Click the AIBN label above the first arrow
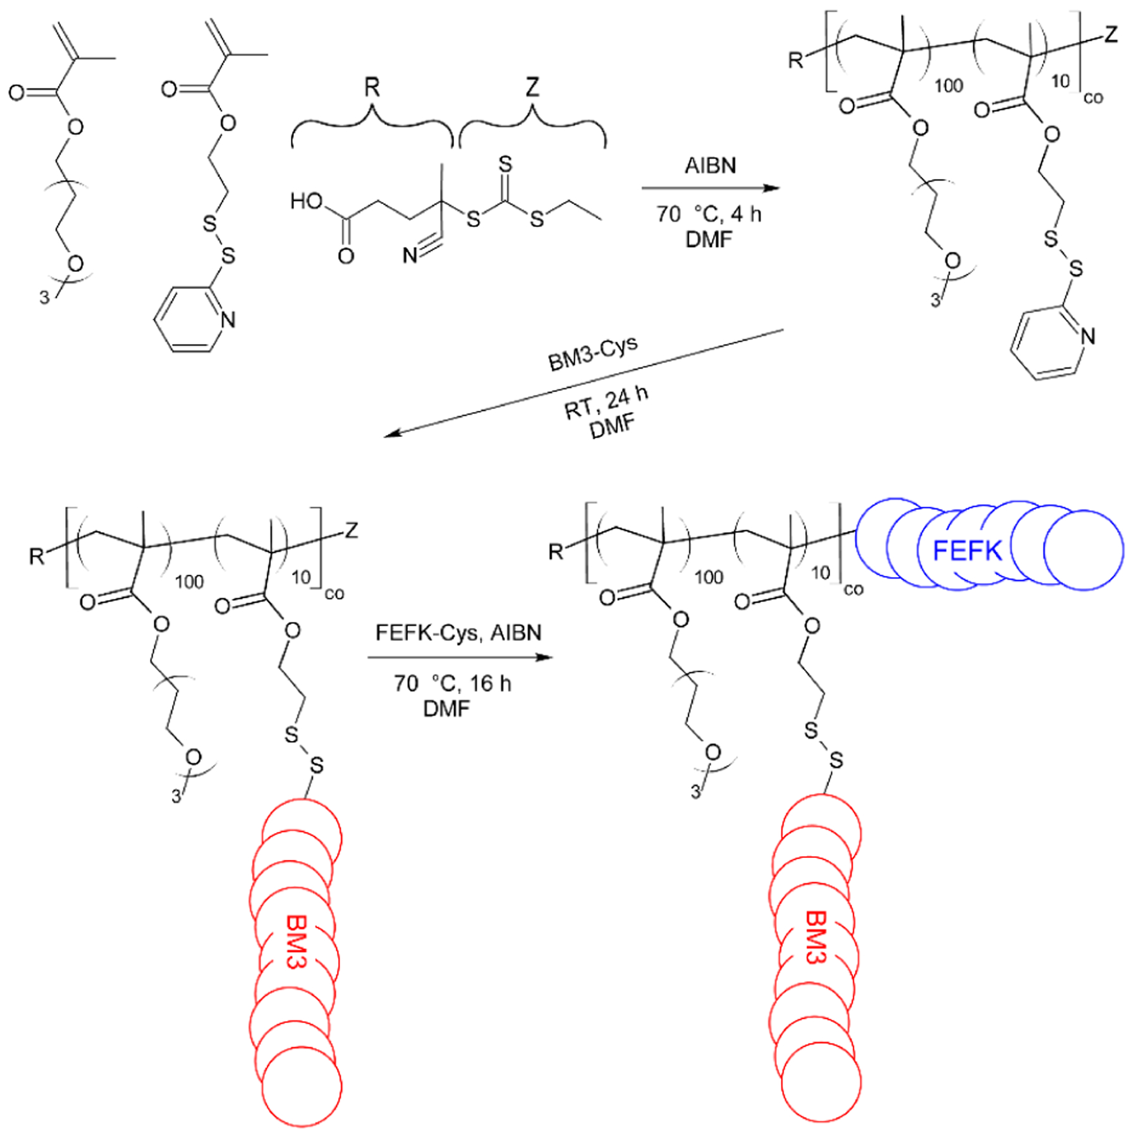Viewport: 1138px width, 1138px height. pos(710,166)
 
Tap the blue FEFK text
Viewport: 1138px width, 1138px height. pos(967,551)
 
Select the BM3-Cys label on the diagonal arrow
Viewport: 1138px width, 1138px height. pos(592,354)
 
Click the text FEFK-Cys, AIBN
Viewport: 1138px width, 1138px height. pos(458,633)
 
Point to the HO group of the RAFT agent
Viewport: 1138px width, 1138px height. pos(306,202)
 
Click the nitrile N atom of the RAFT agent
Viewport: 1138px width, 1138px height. pos(410,255)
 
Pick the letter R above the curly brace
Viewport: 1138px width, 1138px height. pos(372,87)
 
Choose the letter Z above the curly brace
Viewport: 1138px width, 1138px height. pos(532,87)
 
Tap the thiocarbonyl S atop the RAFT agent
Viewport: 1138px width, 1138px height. pos(505,165)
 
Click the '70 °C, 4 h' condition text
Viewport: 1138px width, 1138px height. pos(709,214)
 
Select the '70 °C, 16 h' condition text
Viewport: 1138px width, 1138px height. pos(452,683)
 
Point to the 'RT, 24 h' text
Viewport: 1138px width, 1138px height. pos(606,403)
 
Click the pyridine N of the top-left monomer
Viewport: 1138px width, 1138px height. pos(228,320)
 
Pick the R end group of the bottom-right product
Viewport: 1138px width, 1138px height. pos(555,552)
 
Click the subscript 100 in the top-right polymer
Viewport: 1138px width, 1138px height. pos(948,86)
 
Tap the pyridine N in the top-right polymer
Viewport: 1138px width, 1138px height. pos(1087,336)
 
